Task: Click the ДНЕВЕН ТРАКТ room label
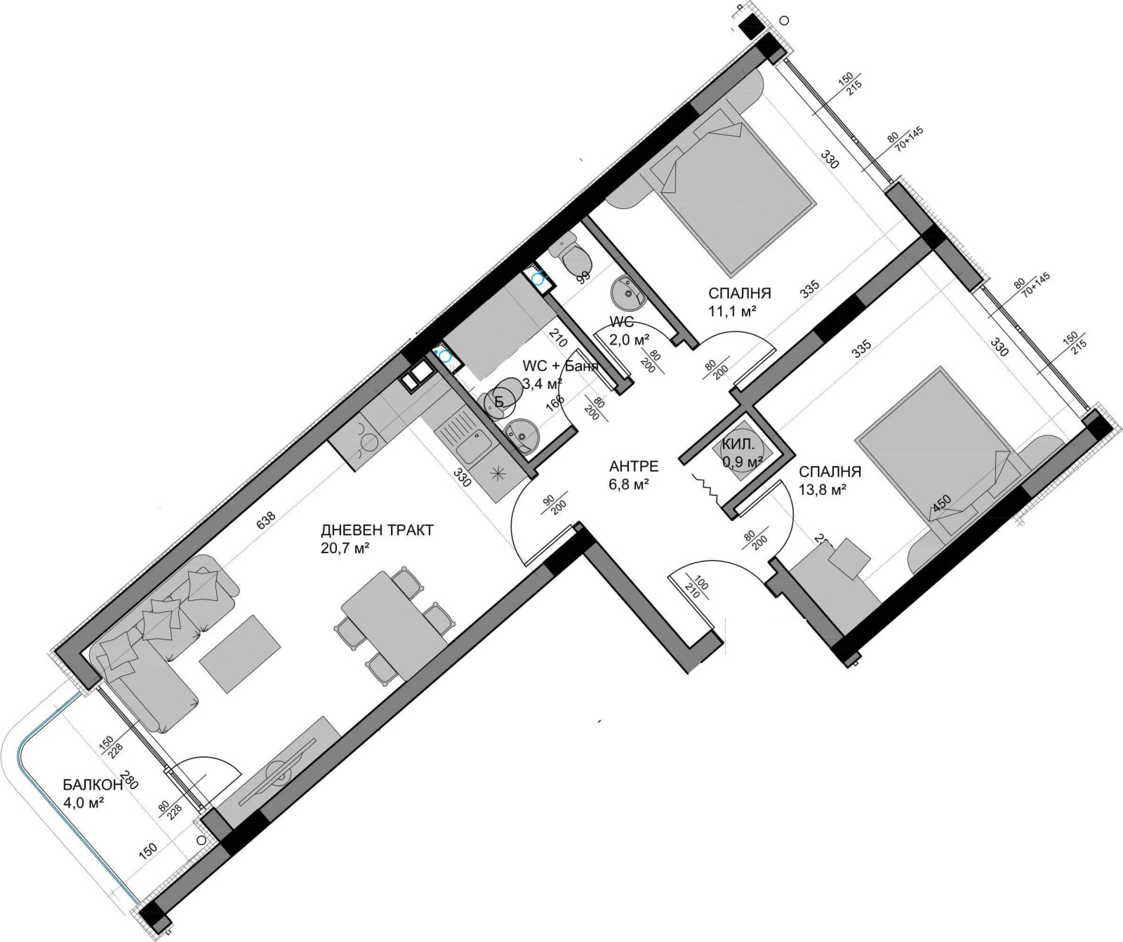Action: [377, 530]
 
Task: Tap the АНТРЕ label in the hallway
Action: [633, 466]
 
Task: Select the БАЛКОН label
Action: [91, 785]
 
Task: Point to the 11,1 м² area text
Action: [732, 310]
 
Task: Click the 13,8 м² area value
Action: [821, 491]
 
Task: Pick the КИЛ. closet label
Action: [739, 444]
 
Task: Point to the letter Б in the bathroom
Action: [499, 402]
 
